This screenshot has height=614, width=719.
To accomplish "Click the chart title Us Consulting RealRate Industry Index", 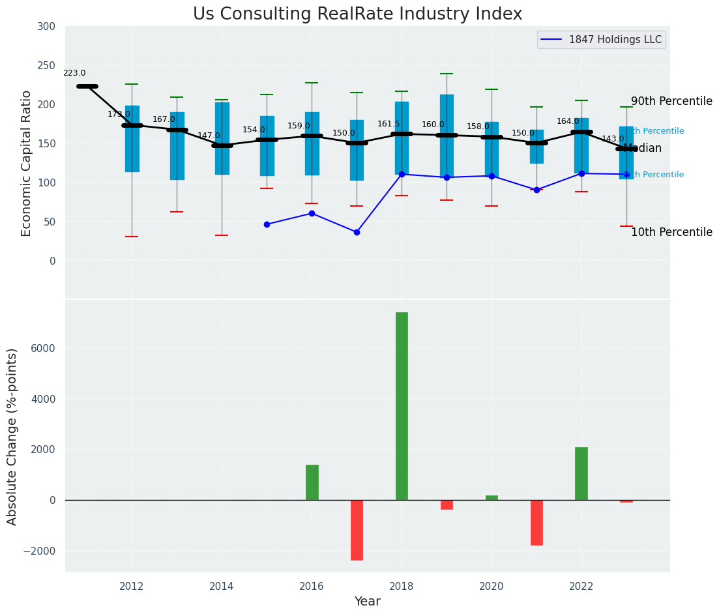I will coord(357,14).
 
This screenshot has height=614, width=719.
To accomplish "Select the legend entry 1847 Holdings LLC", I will coord(615,40).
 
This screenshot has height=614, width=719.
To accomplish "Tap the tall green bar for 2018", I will coord(402,405).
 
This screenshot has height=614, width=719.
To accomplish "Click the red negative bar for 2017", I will coord(357,530).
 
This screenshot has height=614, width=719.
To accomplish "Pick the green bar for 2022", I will coord(581,473).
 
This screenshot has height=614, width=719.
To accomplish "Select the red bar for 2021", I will coord(536,522).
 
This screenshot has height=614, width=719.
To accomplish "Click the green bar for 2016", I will coord(312,482).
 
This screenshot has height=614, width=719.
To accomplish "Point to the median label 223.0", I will coord(74,74).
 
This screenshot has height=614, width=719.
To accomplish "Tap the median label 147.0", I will coord(209,136).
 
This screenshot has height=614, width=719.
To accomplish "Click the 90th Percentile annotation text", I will coord(671,102).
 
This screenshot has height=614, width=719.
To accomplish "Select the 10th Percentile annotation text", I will coord(671,233).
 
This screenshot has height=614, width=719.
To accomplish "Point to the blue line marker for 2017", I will coord(357,232).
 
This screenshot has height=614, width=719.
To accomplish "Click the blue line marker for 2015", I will coord(267,224).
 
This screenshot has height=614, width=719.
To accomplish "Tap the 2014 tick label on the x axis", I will coord(222,586).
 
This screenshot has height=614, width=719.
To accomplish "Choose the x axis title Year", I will coord(368,602).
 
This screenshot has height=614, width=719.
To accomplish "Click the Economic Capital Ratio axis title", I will coord(27,163).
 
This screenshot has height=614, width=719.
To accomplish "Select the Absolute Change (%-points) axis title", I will coord(12,436).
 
